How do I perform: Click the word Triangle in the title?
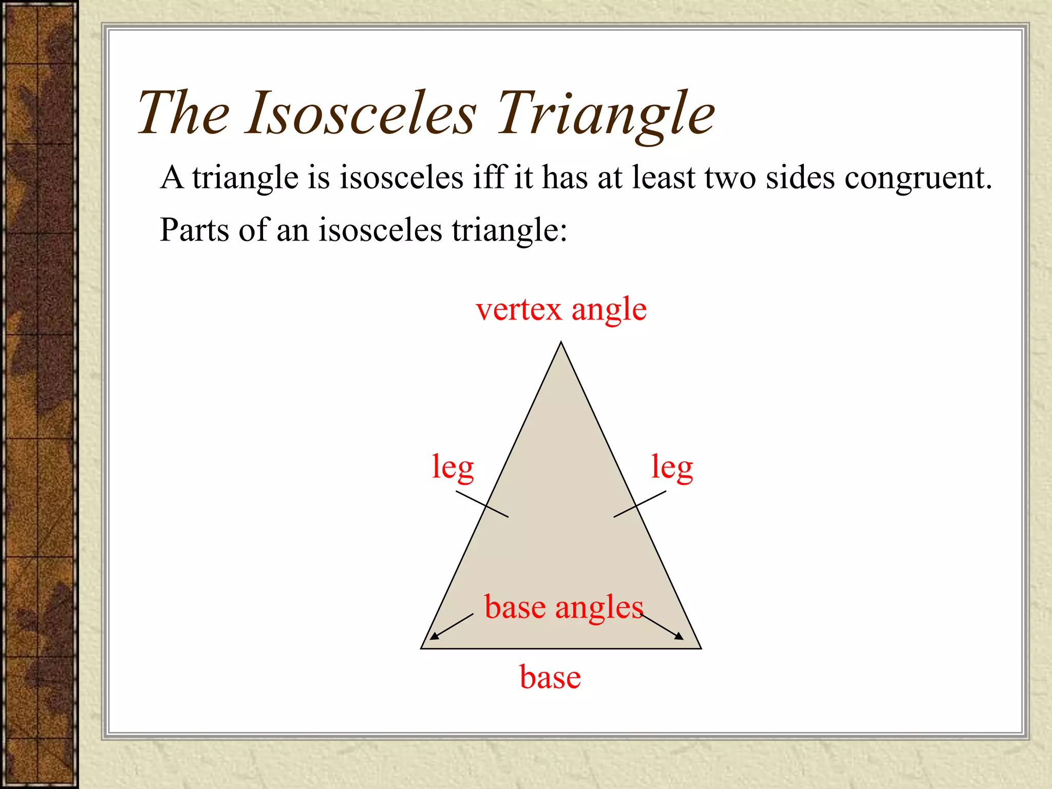pos(606,114)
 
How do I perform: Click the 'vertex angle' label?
pos(561,310)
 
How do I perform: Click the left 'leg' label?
pos(453,467)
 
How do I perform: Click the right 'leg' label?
pos(672,467)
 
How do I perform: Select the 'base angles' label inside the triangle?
pos(563,608)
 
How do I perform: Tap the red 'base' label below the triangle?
pos(550,677)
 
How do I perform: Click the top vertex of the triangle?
pos(561,343)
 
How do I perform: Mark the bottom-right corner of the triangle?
pos(700,648)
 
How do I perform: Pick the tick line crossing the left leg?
pos(482,504)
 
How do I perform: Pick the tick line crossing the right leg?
pos(640,504)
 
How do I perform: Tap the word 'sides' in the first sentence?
pos(800,178)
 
